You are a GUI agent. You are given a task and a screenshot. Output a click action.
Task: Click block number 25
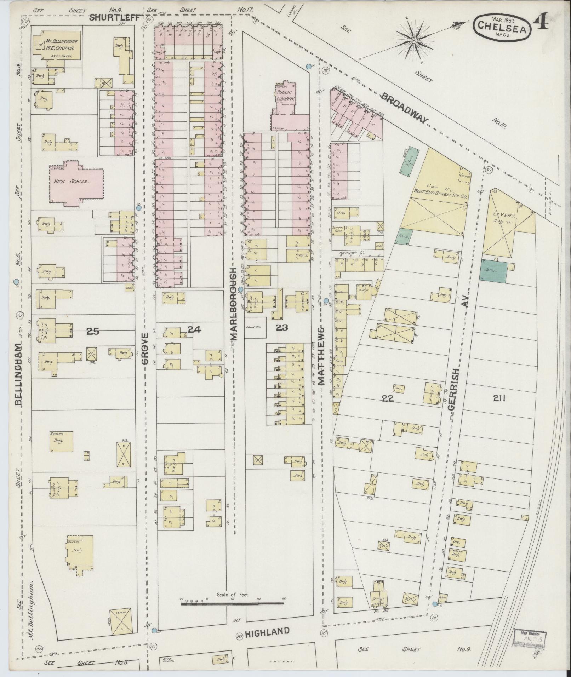[x=92, y=331]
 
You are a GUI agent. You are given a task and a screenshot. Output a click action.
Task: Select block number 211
[x=499, y=398]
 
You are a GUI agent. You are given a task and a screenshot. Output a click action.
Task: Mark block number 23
[x=282, y=328]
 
